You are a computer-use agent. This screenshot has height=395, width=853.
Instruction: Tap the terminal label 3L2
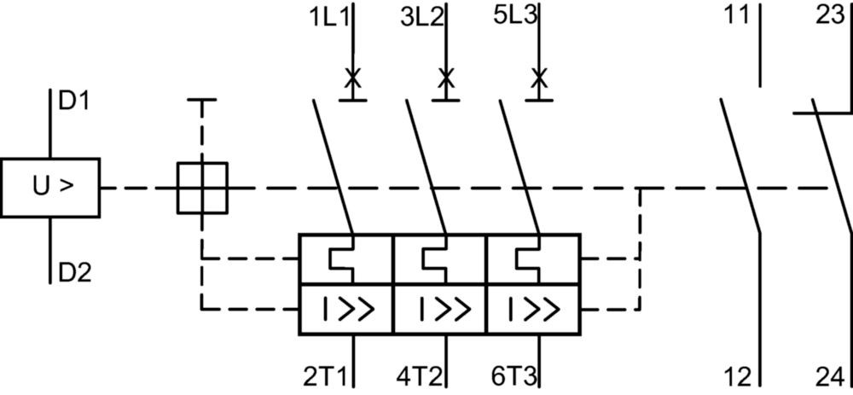pos(422,17)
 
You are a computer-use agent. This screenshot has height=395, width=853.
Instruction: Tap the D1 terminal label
pos(74,102)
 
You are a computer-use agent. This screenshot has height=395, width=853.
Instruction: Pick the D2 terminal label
pos(74,272)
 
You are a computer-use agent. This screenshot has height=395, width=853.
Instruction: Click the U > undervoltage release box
pos(50,188)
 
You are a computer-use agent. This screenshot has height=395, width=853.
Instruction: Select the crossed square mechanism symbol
pos(202,188)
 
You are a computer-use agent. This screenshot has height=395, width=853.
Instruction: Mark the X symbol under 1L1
pos(352,78)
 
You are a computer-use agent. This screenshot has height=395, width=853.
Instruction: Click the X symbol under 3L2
pos(446,78)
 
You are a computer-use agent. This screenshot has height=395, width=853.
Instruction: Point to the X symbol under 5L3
pos(539,78)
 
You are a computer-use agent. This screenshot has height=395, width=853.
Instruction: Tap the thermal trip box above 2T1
pos(346,259)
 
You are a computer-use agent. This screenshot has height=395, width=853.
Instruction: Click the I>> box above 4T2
pos(440,310)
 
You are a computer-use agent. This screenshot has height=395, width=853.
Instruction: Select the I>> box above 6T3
pos(534,310)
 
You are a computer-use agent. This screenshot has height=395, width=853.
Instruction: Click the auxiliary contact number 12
pos(737,376)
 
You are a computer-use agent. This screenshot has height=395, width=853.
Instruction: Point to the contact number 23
pos(831,15)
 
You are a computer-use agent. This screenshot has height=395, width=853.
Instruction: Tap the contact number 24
pos(831,376)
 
